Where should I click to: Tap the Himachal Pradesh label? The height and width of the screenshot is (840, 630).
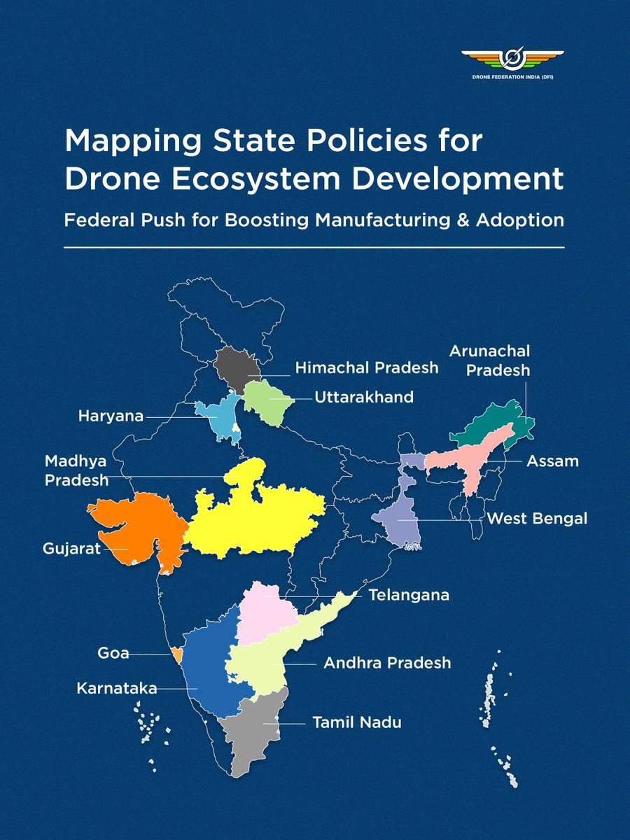click(x=366, y=367)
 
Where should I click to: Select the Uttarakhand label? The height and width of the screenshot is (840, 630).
click(x=364, y=397)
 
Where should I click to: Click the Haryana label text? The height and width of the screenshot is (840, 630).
click(x=111, y=416)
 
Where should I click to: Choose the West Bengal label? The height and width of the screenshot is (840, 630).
click(x=537, y=519)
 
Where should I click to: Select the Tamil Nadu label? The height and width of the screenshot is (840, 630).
click(x=357, y=722)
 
